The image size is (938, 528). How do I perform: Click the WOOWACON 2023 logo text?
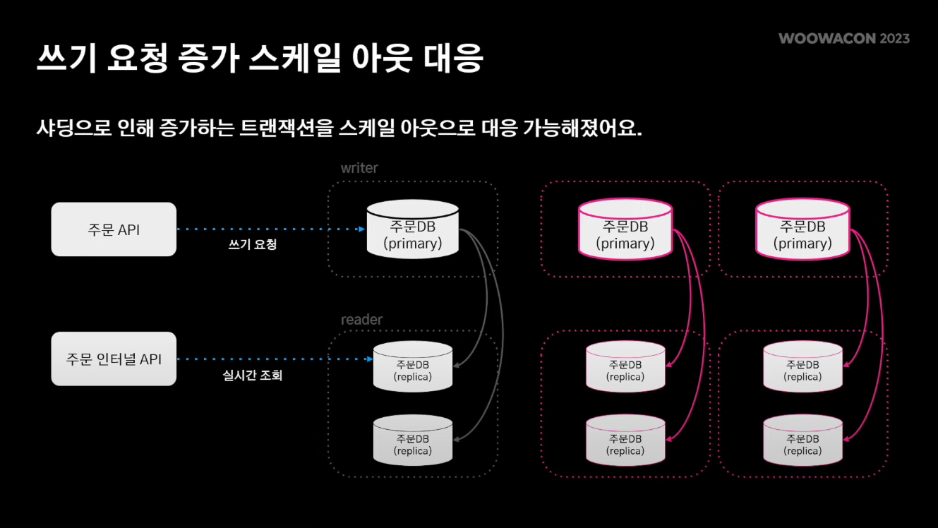point(843,38)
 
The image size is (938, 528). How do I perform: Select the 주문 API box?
point(114,229)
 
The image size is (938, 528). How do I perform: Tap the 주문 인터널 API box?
point(114,359)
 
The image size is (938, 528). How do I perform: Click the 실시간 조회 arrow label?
point(252,376)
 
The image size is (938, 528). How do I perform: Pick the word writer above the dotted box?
point(359,168)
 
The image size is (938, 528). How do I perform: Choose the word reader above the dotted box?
point(361,320)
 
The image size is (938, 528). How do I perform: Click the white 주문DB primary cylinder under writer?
point(413,231)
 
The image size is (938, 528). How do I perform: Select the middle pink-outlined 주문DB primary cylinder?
point(625,231)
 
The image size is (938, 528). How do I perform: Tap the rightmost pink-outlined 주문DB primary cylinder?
point(802,231)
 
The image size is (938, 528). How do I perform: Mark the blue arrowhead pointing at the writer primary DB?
point(361,229)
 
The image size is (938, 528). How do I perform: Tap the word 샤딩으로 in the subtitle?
point(76,129)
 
